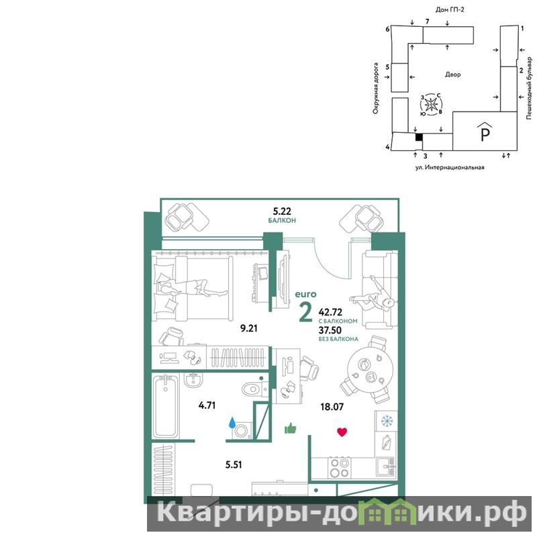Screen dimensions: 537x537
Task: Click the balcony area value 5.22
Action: tap(282, 211)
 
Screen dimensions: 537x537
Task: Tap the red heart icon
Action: tap(342, 432)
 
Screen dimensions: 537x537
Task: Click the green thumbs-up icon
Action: tap(291, 428)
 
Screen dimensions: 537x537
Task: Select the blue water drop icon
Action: tap(232, 423)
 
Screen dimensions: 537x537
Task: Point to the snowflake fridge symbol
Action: tap(387, 421)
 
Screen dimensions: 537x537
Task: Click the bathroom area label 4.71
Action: tap(207, 405)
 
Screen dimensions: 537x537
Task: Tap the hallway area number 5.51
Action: tap(233, 465)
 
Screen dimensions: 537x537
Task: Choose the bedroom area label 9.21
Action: tap(248, 328)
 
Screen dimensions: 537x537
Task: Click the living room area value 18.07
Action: tap(332, 407)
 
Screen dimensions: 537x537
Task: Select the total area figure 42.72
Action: tap(330, 312)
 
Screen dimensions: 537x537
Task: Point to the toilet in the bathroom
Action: tap(254, 389)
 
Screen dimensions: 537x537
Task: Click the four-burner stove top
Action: tap(339, 468)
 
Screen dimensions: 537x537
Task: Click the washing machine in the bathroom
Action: tap(242, 431)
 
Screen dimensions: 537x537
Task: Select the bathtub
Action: tap(165, 406)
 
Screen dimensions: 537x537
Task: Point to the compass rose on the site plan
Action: tap(431, 103)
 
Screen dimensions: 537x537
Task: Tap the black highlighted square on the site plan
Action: tap(419, 137)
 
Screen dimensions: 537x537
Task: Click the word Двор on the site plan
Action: tap(452, 75)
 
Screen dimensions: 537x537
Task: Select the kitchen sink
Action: tap(387, 467)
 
